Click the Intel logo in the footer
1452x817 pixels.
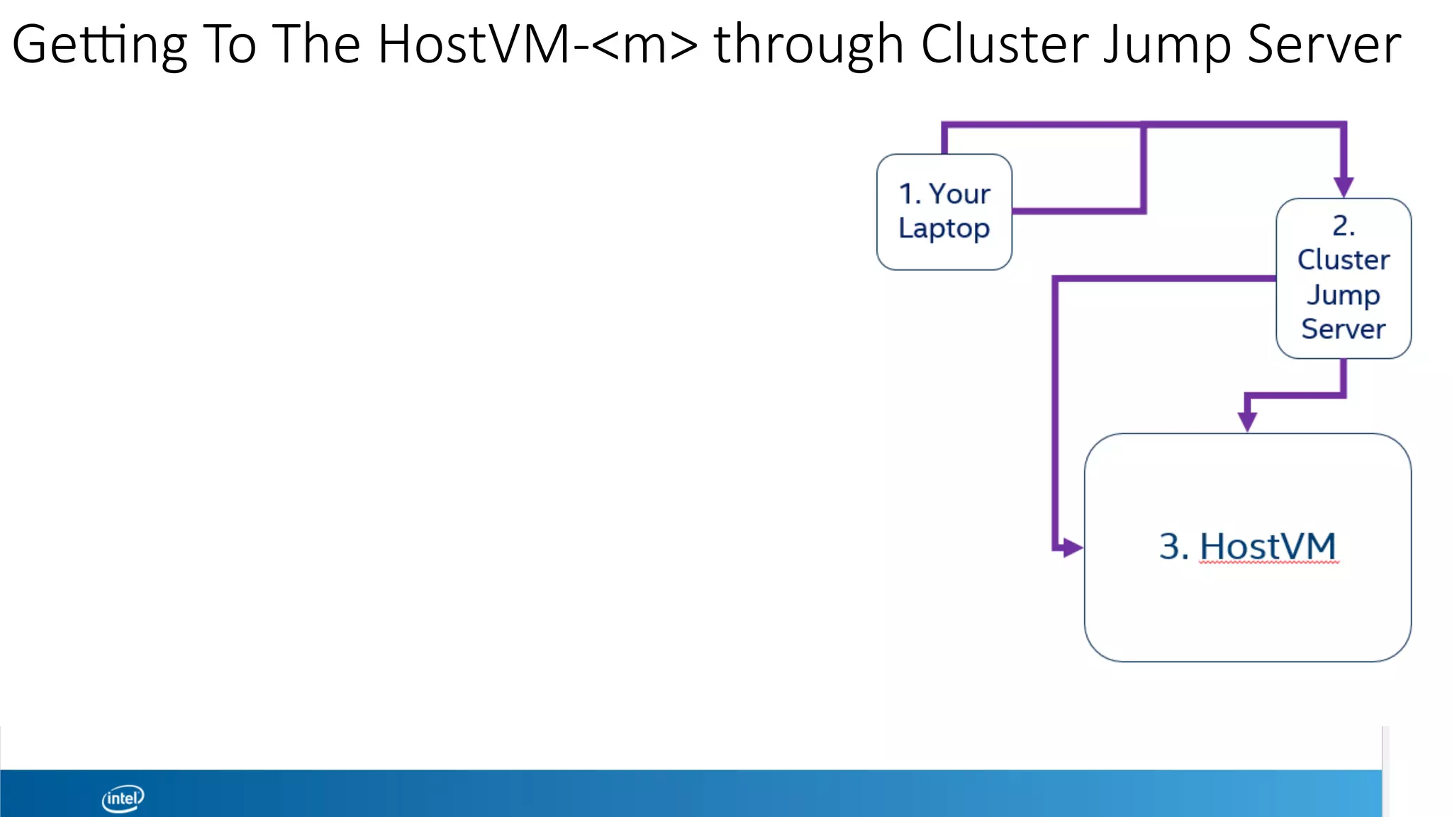click(123, 799)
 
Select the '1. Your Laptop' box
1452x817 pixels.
click(944, 211)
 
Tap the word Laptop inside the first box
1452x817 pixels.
click(944, 229)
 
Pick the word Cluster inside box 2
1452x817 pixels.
click(1344, 260)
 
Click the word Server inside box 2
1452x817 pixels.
click(1344, 329)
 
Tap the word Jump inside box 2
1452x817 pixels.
click(1344, 294)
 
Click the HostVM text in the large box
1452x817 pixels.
click(1268, 547)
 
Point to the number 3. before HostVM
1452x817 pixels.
click(1173, 547)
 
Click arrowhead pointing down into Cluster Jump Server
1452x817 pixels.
click(1344, 187)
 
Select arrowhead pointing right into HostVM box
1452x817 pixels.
click(1072, 548)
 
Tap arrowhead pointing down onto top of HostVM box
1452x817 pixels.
click(1247, 421)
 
